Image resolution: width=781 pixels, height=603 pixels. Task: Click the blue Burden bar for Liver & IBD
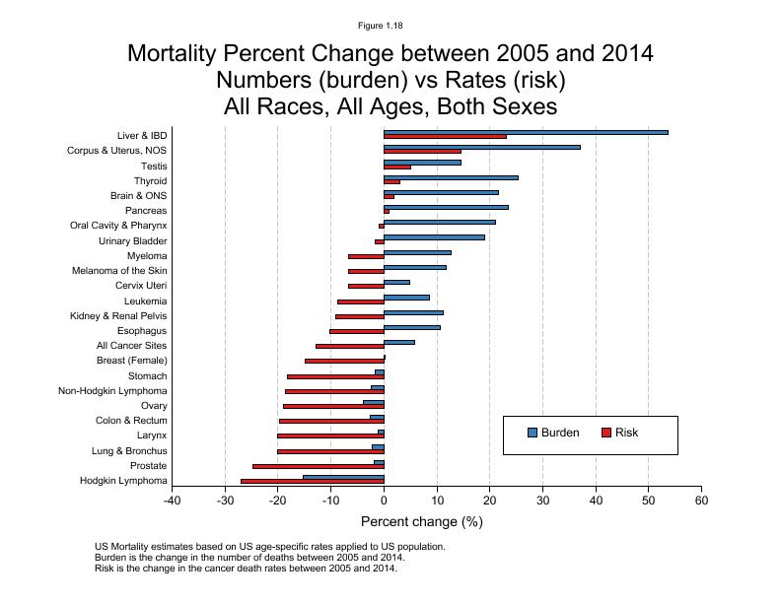point(526,132)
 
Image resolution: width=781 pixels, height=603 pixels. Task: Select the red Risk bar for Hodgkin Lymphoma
point(312,481)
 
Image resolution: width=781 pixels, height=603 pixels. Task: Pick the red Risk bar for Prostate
point(318,466)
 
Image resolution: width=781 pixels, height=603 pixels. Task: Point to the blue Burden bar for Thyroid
point(451,177)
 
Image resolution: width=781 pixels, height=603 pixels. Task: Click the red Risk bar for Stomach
point(335,376)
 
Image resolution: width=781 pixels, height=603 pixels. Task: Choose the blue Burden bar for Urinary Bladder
point(434,236)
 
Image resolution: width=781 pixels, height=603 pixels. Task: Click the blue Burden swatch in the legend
point(532,433)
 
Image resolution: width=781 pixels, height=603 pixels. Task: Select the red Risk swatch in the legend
point(606,433)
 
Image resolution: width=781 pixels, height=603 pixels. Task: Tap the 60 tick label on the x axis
point(700,501)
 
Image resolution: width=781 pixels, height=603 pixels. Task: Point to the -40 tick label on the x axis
point(173,501)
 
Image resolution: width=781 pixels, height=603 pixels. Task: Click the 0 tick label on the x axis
point(384,501)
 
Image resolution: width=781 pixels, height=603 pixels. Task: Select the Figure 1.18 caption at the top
point(390,25)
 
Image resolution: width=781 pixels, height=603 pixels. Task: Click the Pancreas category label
point(146,211)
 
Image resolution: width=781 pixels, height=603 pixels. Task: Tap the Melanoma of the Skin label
point(119,271)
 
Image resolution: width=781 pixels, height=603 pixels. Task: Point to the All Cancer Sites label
point(131,346)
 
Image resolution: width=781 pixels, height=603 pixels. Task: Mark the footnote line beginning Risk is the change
point(246,569)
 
